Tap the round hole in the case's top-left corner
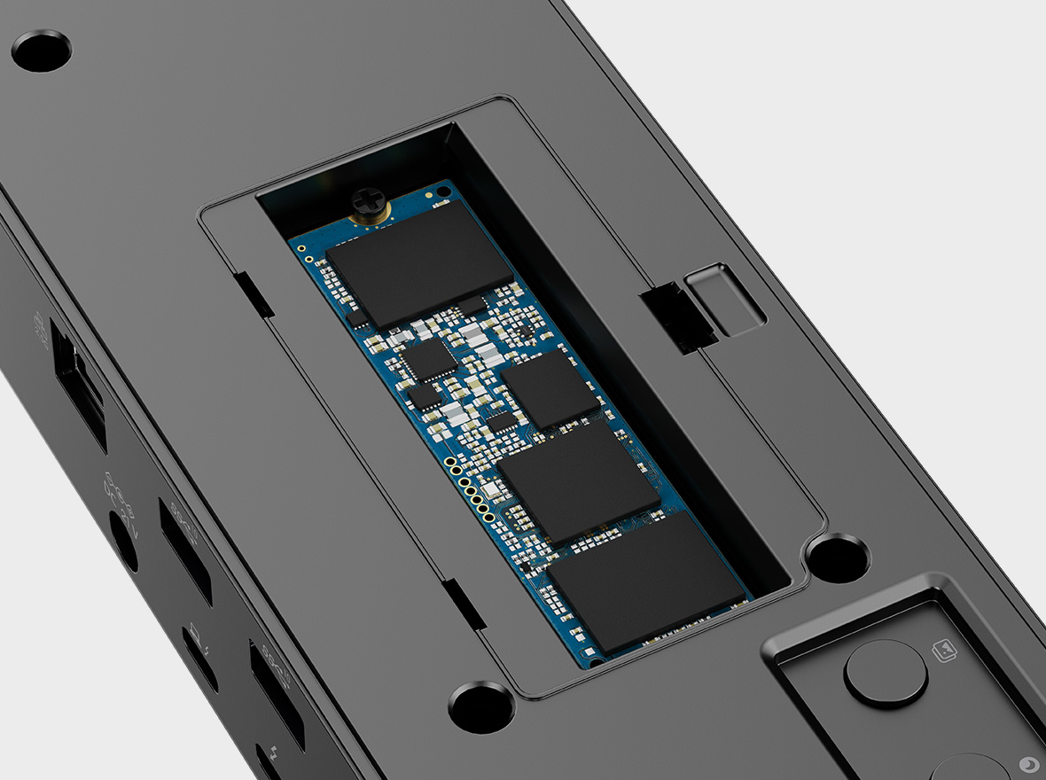click(x=41, y=51)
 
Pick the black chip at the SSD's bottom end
click(x=645, y=581)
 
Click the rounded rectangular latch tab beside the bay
click(x=725, y=299)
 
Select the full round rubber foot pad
click(x=886, y=673)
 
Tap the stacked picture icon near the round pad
click(x=946, y=652)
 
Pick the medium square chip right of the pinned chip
click(x=550, y=389)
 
